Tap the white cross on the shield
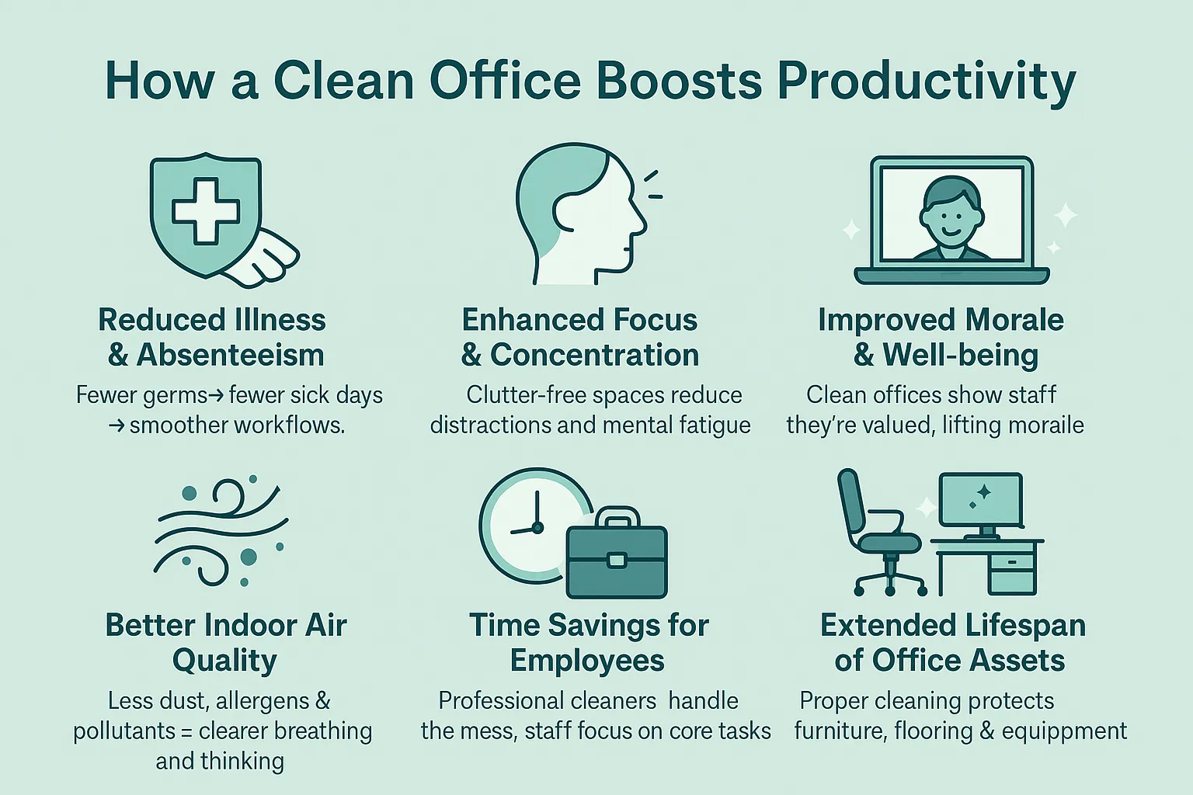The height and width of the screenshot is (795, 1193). [x=206, y=208]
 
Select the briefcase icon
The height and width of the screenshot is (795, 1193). [x=617, y=557]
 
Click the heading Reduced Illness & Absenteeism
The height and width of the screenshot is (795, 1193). [x=213, y=337]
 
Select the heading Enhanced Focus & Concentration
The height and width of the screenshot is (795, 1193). [x=579, y=337]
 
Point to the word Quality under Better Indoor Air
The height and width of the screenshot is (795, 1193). [x=224, y=661]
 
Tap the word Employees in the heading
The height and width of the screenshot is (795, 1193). [x=587, y=661]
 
